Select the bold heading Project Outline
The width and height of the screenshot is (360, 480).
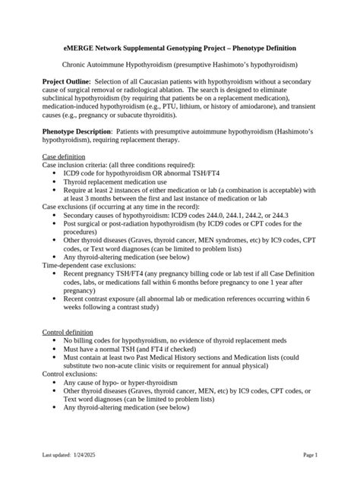tap(66, 80)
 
